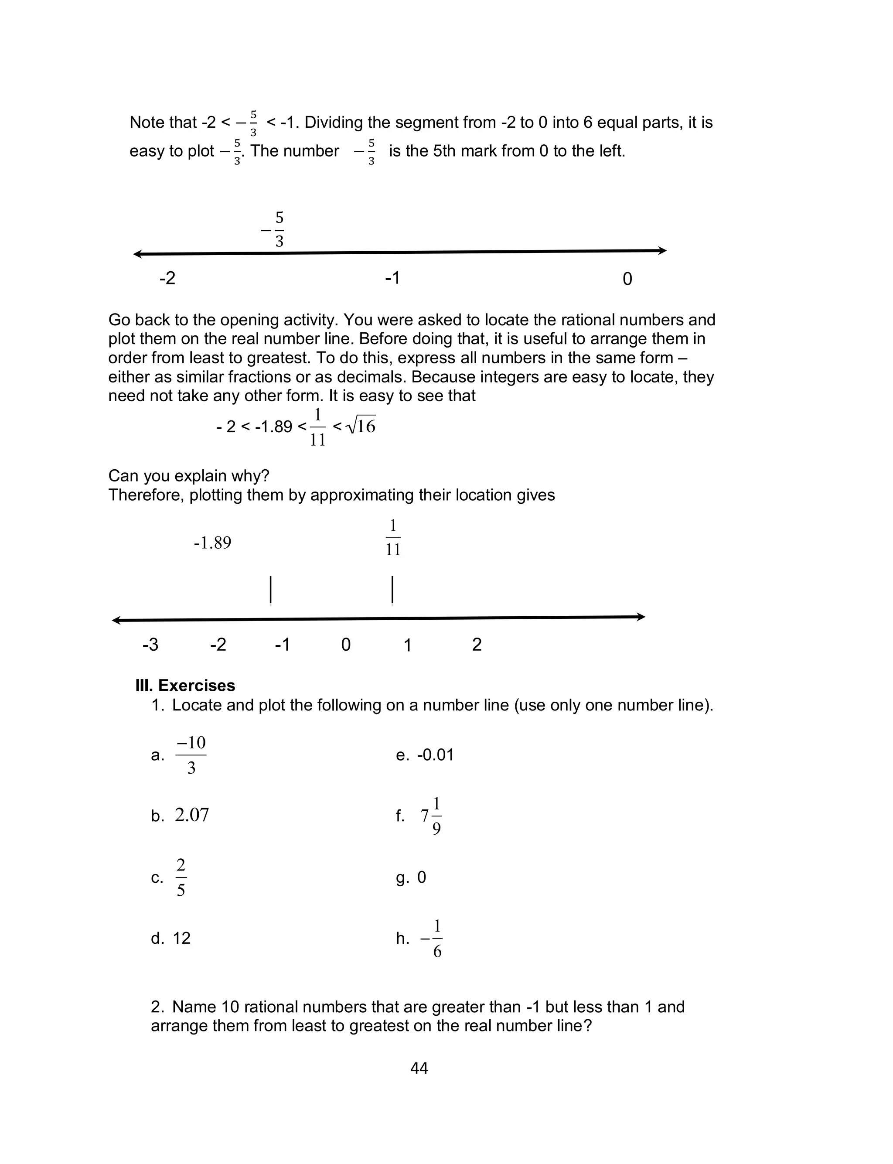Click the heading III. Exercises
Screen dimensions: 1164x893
pos(185,685)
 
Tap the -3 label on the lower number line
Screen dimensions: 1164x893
pos(150,645)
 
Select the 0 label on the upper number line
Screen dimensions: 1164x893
pos(627,279)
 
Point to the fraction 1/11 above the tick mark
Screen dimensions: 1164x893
pos(393,537)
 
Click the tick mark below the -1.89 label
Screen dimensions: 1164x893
pos(270,590)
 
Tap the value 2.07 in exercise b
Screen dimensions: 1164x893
pos(192,815)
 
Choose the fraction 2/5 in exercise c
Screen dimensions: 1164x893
pos(181,877)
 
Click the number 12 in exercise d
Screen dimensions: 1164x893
pos(181,938)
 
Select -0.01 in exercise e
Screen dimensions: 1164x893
pos(435,755)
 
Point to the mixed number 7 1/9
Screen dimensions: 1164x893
pos(431,816)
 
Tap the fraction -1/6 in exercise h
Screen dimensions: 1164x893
pos(432,939)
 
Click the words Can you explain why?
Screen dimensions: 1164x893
pos(189,476)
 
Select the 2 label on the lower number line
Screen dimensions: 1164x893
pos(477,645)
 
